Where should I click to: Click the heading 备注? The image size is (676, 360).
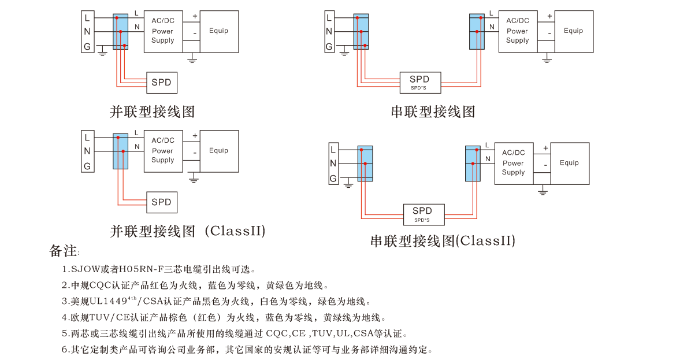[63, 251]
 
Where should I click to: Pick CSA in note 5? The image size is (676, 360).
[365, 333]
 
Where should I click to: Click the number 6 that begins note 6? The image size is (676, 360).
[65, 350]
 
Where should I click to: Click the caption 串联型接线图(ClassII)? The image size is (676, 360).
[443, 241]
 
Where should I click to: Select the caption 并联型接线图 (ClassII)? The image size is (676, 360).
[188, 232]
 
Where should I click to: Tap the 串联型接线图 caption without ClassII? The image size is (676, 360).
[433, 112]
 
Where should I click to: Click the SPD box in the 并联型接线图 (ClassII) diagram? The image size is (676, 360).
[161, 202]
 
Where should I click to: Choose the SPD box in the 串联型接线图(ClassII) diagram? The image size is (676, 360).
[422, 214]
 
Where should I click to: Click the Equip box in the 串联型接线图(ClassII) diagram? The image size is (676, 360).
[569, 163]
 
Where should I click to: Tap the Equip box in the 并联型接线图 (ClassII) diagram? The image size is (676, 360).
[218, 151]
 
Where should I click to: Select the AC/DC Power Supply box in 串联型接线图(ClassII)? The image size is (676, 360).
[513, 163]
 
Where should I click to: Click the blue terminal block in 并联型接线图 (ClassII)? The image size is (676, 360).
[120, 151]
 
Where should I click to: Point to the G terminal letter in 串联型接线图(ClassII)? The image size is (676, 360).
[333, 179]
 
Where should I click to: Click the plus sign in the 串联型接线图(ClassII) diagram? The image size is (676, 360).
[545, 149]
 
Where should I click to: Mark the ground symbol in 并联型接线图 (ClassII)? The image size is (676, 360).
[194, 180]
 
